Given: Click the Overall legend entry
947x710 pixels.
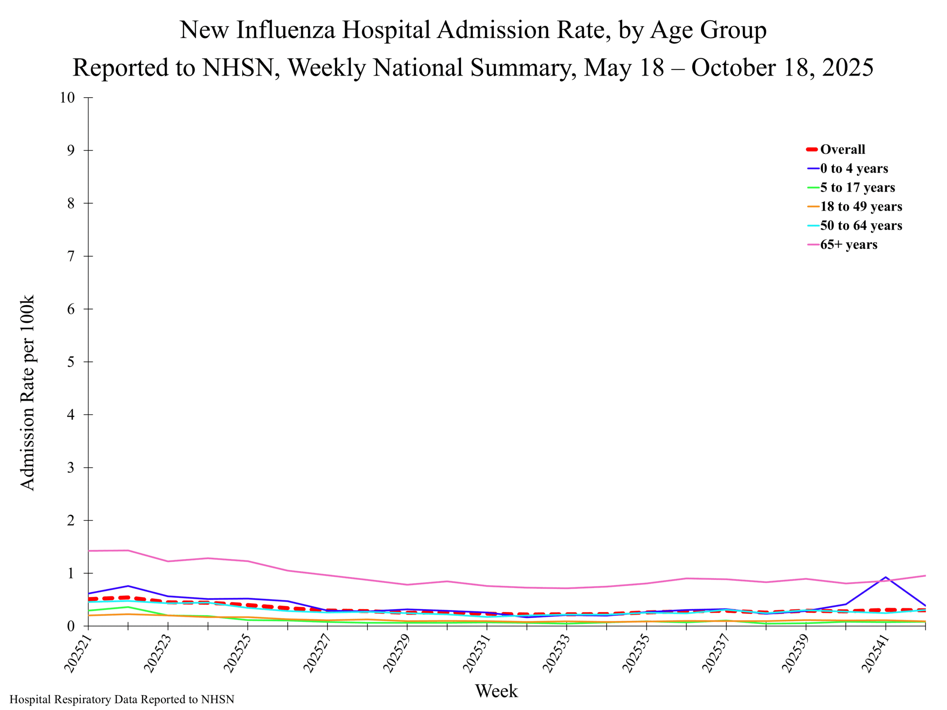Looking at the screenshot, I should coord(842,149).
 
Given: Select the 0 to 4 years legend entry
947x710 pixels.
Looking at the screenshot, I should coord(854,169).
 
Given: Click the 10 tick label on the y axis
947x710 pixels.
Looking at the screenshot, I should coord(67,98).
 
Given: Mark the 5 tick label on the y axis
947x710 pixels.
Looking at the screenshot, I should coord(71,362).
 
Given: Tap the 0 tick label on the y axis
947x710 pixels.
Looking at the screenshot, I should coord(71,626).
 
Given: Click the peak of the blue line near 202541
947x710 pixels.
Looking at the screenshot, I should coord(885,577).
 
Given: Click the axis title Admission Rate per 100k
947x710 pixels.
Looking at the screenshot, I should coord(27,392).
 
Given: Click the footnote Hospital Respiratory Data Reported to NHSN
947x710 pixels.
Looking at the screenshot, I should coord(122,700).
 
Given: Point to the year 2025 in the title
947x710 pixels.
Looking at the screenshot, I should coord(847,68).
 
